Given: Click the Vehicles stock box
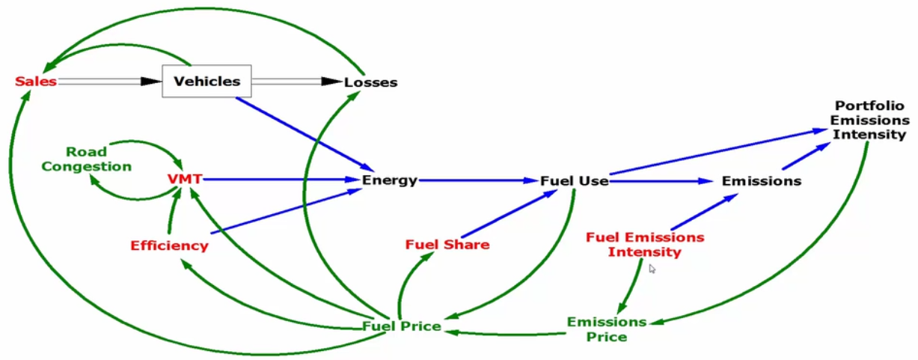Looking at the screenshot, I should [206, 81].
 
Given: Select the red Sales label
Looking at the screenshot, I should [35, 81].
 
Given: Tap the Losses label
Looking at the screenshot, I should [370, 82].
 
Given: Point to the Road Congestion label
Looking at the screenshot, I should [86, 159].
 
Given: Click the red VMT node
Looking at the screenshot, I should [185, 180].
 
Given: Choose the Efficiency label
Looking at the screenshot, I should [169, 245].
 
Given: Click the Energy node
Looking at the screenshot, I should [389, 180].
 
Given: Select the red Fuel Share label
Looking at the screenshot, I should [447, 244].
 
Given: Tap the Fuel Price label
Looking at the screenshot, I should [401, 326].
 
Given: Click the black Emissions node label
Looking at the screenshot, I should [761, 180].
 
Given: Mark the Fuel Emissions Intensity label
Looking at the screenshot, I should [644, 245].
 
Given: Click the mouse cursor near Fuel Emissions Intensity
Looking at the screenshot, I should [652, 268].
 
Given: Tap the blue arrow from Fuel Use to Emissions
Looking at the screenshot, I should [658, 180].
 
